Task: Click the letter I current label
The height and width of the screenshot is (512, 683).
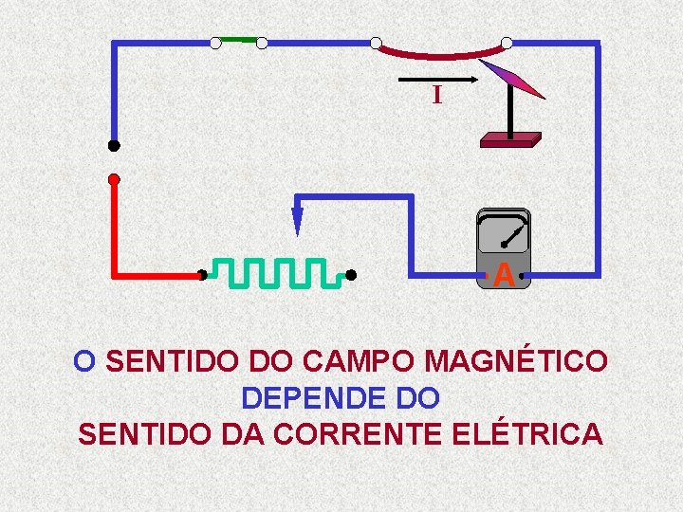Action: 436,95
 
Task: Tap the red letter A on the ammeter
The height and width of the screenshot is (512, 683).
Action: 505,276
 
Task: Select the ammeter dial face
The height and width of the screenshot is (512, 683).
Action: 503,232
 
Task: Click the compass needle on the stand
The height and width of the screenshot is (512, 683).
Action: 512,80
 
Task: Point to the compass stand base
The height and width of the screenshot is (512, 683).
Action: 510,139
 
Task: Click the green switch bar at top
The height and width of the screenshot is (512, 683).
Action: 239,41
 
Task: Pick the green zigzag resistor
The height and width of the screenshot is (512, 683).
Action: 275,273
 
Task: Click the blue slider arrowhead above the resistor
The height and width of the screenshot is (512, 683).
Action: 297,222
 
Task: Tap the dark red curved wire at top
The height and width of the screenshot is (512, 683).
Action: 441,52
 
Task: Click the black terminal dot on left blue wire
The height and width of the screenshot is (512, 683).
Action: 114,146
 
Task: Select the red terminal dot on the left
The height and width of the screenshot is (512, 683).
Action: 114,178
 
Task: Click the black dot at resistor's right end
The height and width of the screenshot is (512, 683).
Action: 350,275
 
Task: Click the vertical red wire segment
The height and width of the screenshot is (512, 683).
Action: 115,228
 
